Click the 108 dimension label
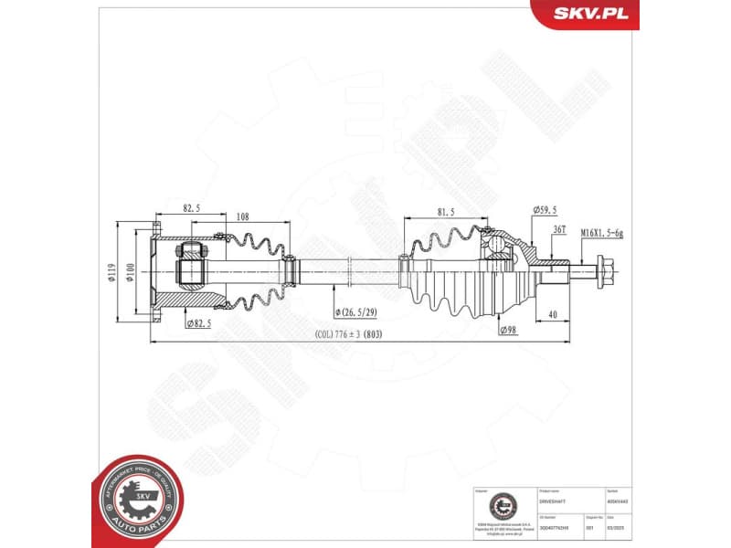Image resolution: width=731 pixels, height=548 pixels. pyautogui.click(x=243, y=218)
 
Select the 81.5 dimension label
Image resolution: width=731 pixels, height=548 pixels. pyautogui.click(x=447, y=213)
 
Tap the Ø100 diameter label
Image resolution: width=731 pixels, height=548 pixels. pyautogui.click(x=131, y=273)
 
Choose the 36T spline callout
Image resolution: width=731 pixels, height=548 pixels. pyautogui.click(x=559, y=230)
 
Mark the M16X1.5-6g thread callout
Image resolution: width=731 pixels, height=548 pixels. pyautogui.click(x=601, y=234)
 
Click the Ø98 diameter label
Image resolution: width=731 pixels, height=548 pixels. pyautogui.click(x=508, y=330)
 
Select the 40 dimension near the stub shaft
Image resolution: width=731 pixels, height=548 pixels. pyautogui.click(x=554, y=315)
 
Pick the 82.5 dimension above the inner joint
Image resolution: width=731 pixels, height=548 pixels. pyautogui.click(x=191, y=208)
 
